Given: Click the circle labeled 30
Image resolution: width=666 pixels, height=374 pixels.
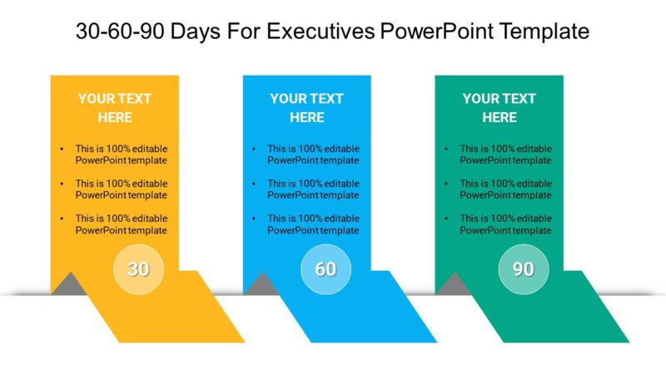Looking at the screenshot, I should pyautogui.click(x=138, y=269).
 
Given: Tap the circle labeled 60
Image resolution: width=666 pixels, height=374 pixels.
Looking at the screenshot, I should pyautogui.click(x=326, y=269).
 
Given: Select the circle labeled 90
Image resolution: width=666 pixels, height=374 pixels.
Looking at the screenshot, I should pyautogui.click(x=523, y=269).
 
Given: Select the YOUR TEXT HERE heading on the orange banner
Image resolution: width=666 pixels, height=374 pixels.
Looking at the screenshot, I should pyautogui.click(x=115, y=107).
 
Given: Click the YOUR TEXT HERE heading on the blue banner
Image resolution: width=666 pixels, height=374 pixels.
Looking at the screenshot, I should pyautogui.click(x=307, y=107).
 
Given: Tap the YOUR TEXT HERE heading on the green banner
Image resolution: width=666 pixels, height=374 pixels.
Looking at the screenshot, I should pyautogui.click(x=499, y=107).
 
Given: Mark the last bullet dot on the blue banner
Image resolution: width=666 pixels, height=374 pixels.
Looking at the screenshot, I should pyautogui.click(x=254, y=219).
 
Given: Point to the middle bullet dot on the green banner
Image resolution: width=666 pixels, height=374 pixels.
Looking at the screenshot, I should pyautogui.click(x=446, y=184).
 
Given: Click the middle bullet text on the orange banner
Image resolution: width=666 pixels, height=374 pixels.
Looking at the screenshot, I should pyautogui.click(x=121, y=189).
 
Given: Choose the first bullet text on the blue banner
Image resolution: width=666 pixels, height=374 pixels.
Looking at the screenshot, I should pyautogui.click(x=313, y=155).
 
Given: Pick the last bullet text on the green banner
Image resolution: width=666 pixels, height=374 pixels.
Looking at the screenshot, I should pyautogui.click(x=506, y=224).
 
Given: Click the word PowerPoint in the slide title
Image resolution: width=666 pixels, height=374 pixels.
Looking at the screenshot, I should pyautogui.click(x=432, y=32).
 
